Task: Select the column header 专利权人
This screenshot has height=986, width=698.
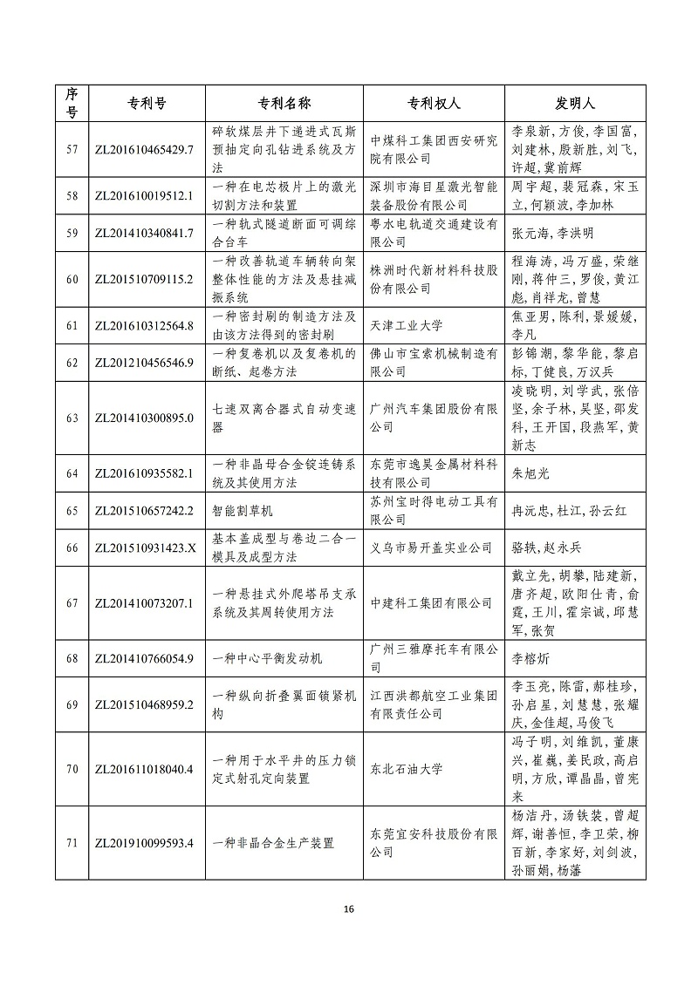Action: click(434, 103)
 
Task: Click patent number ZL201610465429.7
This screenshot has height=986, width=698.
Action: click(143, 149)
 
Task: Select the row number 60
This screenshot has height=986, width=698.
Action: click(72, 279)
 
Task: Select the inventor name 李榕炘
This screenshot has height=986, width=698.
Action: click(530, 658)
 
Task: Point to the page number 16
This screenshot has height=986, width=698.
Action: click(349, 909)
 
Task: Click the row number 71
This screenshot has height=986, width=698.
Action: click(72, 843)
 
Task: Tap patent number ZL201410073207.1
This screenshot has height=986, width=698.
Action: click(143, 602)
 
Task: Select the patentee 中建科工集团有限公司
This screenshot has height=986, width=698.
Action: click(431, 602)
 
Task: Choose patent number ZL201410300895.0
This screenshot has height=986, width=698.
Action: click(143, 418)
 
